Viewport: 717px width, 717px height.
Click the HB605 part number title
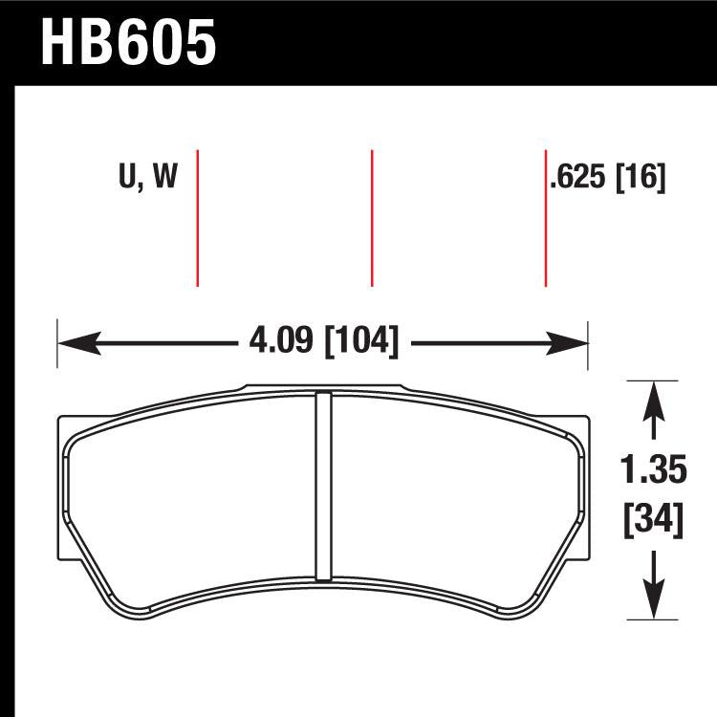(x=129, y=43)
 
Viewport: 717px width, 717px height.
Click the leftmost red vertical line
(x=197, y=218)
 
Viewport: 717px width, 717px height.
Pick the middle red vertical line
(x=371, y=218)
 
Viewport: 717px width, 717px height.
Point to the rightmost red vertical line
(x=545, y=218)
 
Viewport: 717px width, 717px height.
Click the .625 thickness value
(x=579, y=177)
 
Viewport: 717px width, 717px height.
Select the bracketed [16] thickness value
(x=641, y=177)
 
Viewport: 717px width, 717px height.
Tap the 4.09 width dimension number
(x=282, y=340)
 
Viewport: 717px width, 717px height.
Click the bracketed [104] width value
(x=361, y=340)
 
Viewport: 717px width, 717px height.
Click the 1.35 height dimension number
(x=654, y=471)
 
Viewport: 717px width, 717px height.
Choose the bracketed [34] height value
(x=654, y=520)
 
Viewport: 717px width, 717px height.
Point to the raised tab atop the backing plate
(x=325, y=388)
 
